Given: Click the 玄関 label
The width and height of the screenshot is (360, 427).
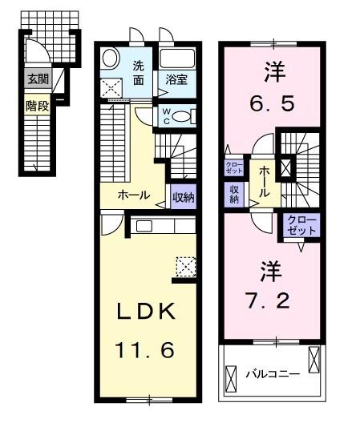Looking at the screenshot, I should (36, 79).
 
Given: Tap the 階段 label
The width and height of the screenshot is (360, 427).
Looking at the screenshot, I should (36, 104).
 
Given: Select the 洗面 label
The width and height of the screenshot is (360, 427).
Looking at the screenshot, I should (140, 73).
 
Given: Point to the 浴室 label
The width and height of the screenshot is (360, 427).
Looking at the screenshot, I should (176, 80).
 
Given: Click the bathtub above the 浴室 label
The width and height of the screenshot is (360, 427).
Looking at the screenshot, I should (176, 58).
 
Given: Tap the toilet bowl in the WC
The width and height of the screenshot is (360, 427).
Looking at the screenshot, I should (184, 116).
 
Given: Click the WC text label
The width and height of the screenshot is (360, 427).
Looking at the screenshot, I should (165, 115).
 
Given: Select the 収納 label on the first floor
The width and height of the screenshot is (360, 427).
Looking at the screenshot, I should (182, 194).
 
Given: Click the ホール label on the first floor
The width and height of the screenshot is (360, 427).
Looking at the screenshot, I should (133, 195).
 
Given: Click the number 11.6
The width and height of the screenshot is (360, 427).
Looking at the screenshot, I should (147, 350).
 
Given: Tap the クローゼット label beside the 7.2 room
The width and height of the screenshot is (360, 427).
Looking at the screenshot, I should (303, 224).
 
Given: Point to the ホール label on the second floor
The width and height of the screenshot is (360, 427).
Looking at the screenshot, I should (264, 181).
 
